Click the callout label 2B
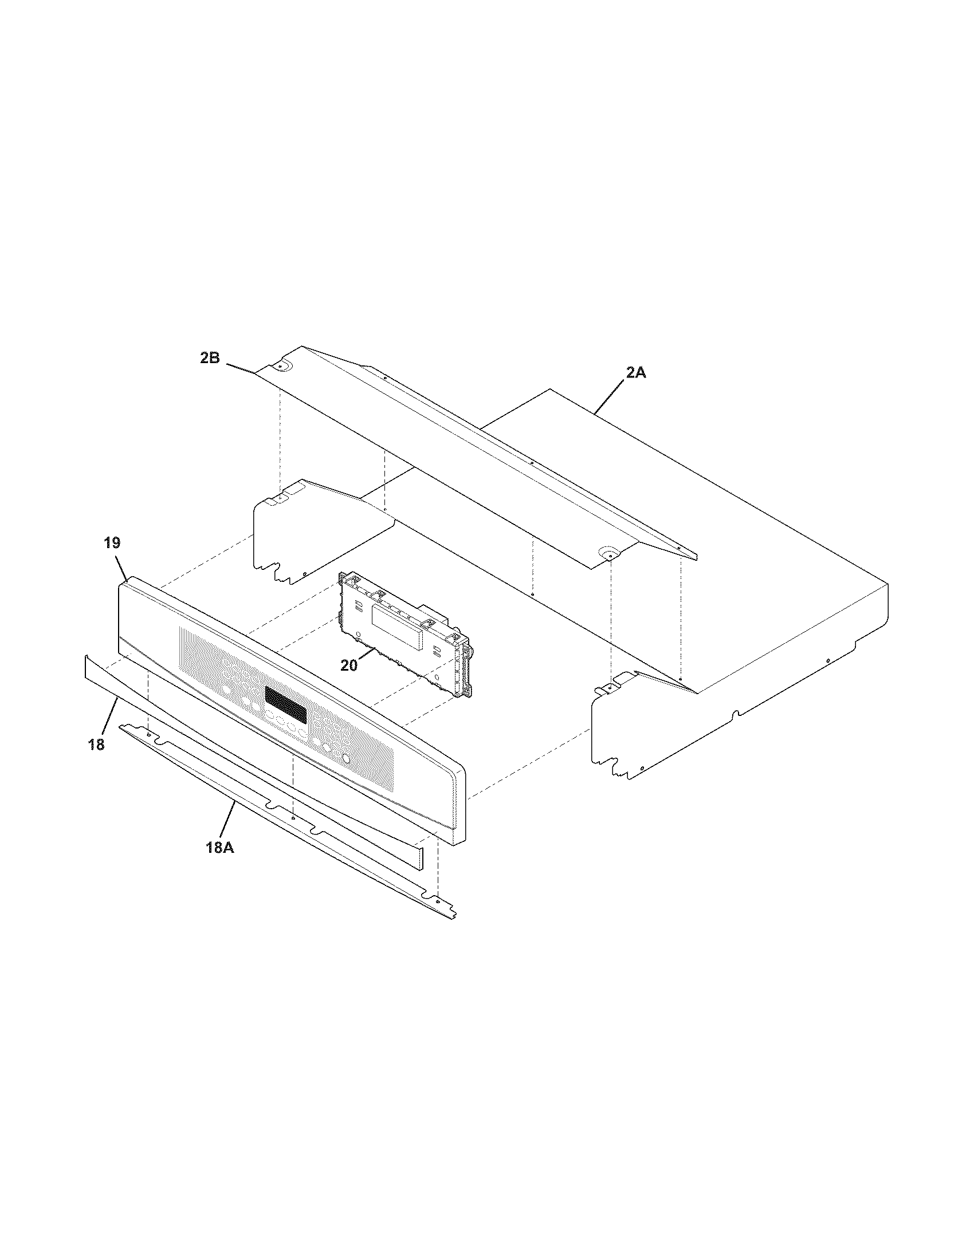coord(210,358)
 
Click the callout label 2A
coord(635,373)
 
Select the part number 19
coord(112,542)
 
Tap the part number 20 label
coord(349,664)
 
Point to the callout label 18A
coord(219,848)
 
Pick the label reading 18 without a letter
coord(96,744)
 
